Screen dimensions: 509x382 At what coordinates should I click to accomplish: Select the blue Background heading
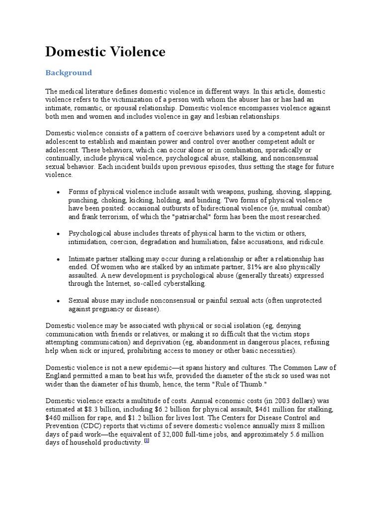[x=69, y=73]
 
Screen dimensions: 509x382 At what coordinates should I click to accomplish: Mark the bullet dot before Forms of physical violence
[x=59, y=192]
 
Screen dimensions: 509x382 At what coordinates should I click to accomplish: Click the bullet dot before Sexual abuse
[x=59, y=301]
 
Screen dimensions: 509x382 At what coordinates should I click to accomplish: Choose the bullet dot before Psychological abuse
[x=59, y=234]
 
